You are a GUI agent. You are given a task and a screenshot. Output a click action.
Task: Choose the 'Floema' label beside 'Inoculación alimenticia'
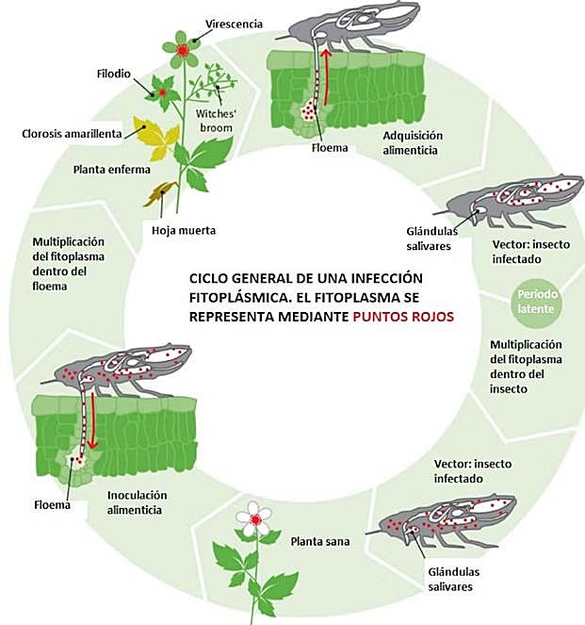pos(52,504)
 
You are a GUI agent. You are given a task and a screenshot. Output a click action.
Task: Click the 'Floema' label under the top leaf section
pos(333,148)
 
